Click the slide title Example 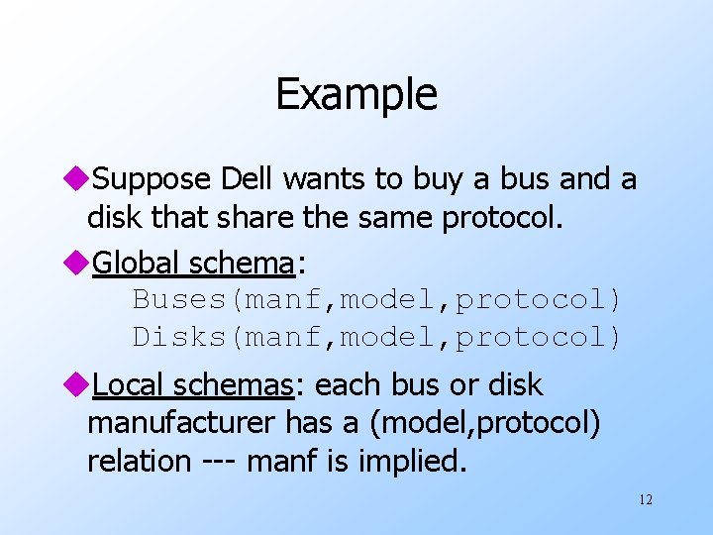coord(356,95)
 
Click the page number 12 coord(645,499)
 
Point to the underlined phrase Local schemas coord(193,384)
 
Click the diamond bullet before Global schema coord(80,264)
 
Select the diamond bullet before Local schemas coord(80,385)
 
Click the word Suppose coord(153,179)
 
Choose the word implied coord(417,461)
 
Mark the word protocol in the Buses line coord(539,298)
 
